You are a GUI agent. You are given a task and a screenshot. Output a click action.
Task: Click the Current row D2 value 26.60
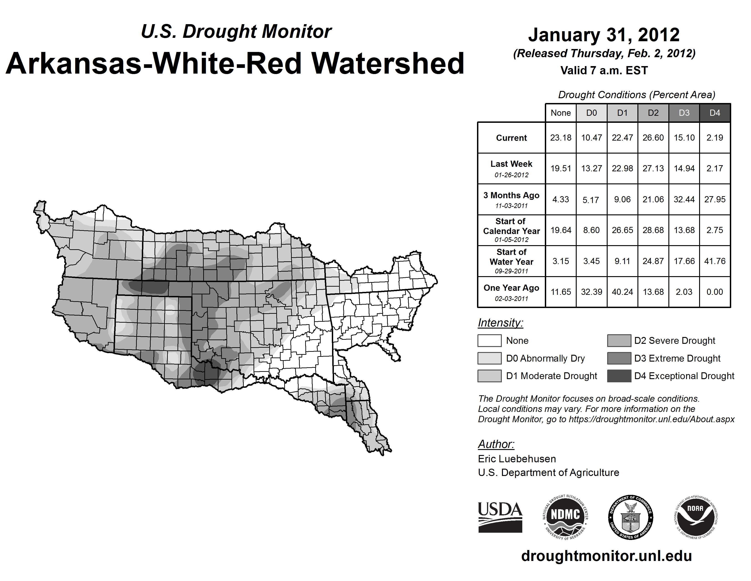(x=653, y=138)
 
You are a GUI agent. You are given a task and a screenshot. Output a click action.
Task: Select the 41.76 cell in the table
(x=715, y=261)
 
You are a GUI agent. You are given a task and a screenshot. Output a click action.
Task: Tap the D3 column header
(x=684, y=113)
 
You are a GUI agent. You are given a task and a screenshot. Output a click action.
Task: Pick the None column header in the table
(x=561, y=113)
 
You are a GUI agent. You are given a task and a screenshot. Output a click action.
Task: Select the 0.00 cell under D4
(x=715, y=292)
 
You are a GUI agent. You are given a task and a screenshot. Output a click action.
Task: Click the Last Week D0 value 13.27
(x=591, y=169)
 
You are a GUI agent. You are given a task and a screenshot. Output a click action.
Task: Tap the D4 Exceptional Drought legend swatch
(x=619, y=376)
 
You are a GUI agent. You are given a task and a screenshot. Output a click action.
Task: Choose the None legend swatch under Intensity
(x=489, y=340)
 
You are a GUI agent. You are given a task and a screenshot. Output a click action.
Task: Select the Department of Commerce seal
(x=631, y=517)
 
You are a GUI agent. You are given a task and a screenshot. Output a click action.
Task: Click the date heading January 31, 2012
(x=604, y=35)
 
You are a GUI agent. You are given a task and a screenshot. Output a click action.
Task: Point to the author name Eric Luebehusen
(x=517, y=459)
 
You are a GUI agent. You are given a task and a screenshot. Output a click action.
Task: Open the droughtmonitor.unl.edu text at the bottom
(x=606, y=556)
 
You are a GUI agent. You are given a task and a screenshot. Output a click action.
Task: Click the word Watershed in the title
(x=388, y=64)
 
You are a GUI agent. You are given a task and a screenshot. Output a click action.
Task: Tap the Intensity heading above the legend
(x=500, y=323)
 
